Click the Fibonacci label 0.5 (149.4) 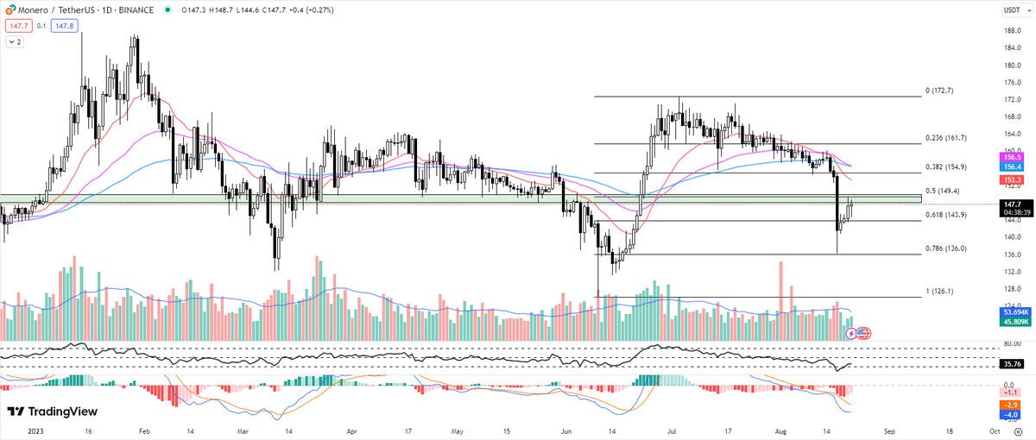943,191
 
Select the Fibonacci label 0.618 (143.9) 945,215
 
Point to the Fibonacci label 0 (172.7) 939,90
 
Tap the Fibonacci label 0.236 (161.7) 945,138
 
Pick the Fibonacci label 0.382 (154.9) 945,167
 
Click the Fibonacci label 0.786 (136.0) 945,248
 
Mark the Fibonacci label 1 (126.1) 939,292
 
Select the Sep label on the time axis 891,429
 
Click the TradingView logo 53,412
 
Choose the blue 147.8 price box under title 65,26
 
